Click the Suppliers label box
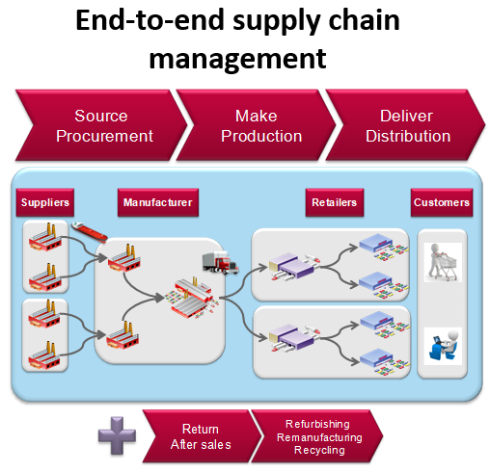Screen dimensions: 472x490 pos(45,203)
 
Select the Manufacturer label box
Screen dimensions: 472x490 pos(157,203)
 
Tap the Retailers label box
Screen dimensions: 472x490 pos(334,203)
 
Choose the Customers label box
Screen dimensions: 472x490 pos(441,203)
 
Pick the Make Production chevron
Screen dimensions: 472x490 pos(249,126)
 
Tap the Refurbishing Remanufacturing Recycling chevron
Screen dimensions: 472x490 pos(323,436)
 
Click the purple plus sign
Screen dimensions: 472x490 pos(117,434)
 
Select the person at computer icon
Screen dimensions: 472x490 pos(442,342)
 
